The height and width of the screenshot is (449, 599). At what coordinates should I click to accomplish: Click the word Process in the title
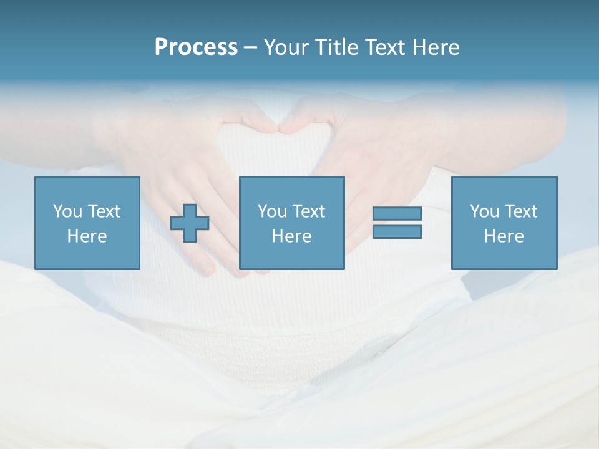pyautogui.click(x=196, y=47)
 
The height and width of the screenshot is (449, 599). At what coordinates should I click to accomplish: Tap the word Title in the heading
pyautogui.click(x=337, y=47)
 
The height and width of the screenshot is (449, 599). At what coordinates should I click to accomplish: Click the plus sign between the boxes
pyautogui.click(x=190, y=223)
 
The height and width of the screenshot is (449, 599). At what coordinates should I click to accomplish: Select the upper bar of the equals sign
pyautogui.click(x=397, y=213)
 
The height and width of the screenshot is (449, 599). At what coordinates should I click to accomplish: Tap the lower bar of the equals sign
pyautogui.click(x=397, y=231)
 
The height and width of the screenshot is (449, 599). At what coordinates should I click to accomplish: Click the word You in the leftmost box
pyautogui.click(x=67, y=211)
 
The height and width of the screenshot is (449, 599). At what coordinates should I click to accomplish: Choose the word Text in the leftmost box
pyautogui.click(x=104, y=211)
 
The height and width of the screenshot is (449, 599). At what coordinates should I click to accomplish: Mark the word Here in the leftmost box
pyautogui.click(x=87, y=236)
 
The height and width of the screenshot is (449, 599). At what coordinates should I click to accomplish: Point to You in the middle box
pyautogui.click(x=272, y=211)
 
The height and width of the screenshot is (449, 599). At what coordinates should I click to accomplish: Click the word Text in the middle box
pyautogui.click(x=308, y=211)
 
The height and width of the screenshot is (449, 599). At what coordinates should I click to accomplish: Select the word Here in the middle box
pyautogui.click(x=291, y=236)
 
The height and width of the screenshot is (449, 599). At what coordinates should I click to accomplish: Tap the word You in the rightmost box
pyautogui.click(x=484, y=211)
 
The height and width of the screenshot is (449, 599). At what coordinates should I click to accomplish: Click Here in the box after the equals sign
pyautogui.click(x=504, y=236)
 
